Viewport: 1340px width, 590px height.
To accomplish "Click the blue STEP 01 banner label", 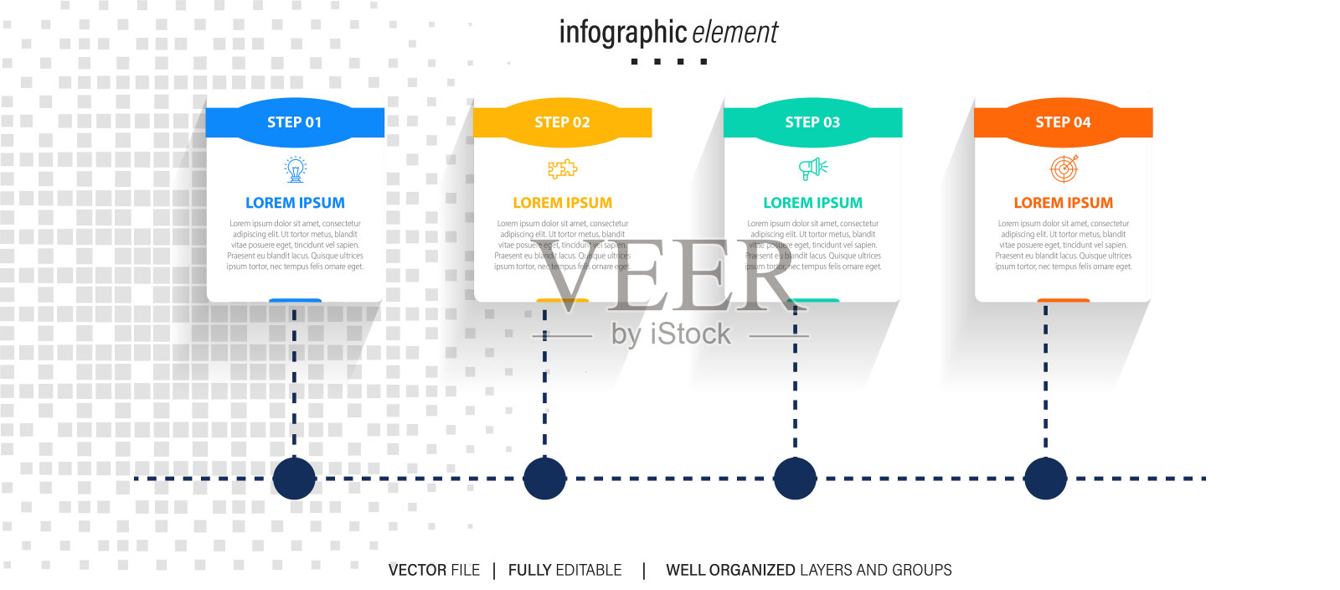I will pos(294,122).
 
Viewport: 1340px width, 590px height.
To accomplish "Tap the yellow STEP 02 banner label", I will pos(562,122).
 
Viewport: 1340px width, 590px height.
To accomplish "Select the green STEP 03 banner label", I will pos(812,122).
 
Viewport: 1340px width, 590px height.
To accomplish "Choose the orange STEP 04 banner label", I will pos(1063,122).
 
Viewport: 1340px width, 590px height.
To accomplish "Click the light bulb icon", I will pos(295,169).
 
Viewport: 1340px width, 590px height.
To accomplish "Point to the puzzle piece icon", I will pos(562,169).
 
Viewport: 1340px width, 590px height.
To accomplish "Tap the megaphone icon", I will pos(812,169).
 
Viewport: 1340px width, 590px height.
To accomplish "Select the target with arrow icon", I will pos(1064,169).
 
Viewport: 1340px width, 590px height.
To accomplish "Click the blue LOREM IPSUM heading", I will pos(295,203).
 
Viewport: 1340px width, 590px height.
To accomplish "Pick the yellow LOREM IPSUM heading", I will pos(562,203).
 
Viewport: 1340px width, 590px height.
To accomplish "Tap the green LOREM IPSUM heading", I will pos(812,203).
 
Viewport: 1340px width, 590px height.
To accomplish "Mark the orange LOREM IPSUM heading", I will pos(1063,203).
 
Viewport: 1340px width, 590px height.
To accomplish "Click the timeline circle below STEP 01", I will pos(294,479).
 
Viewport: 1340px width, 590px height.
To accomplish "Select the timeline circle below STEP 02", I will pos(544,479).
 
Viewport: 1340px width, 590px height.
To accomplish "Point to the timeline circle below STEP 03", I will pos(795,479).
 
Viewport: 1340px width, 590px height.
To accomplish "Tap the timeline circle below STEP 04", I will pos(1045,479).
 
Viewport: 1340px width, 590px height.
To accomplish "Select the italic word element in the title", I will pos(735,34).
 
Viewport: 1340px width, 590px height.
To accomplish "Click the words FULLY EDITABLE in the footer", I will pos(564,570).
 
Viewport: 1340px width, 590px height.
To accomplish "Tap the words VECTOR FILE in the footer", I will pos(434,570).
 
